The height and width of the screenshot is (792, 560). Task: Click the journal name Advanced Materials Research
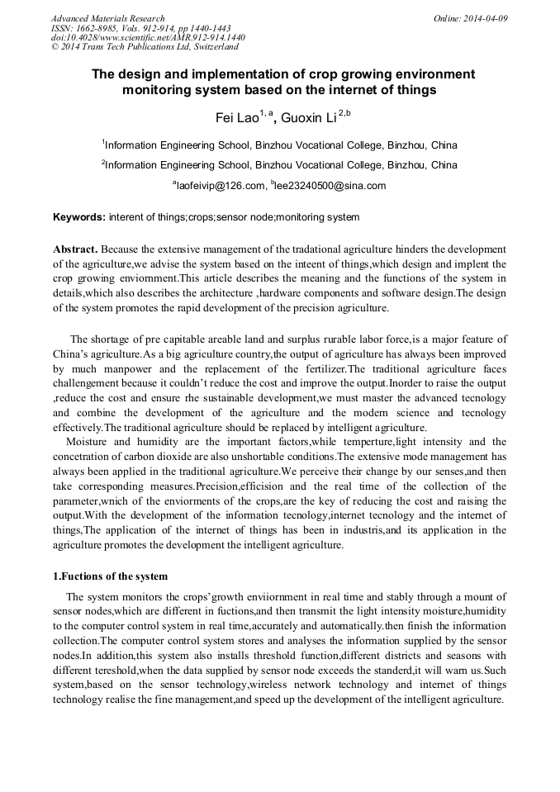(x=107, y=18)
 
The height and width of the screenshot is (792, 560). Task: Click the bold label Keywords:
(x=79, y=218)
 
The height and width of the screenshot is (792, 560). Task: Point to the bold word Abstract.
(x=77, y=249)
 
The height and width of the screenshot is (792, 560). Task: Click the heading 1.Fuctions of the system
(x=111, y=576)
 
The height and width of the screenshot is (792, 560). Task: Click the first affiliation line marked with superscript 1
(x=279, y=145)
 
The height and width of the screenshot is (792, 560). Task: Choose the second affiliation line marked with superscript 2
(x=279, y=165)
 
